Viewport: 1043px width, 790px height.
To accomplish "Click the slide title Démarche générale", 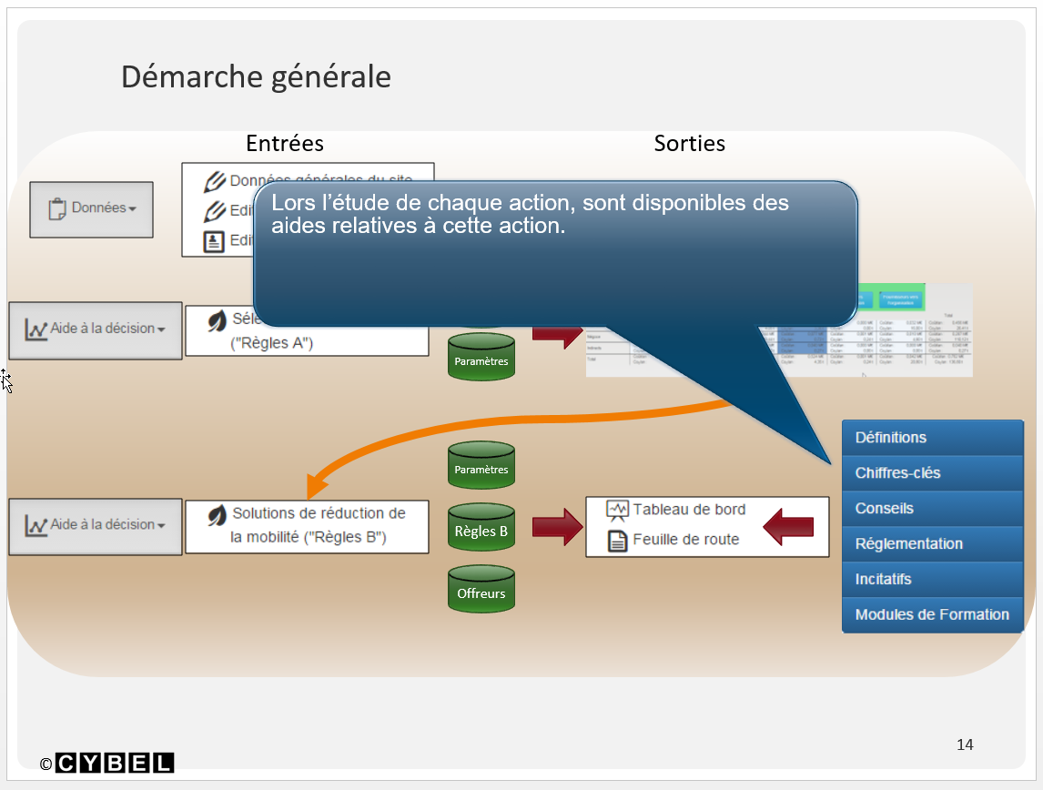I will (x=256, y=76).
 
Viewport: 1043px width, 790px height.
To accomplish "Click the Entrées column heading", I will (x=285, y=143).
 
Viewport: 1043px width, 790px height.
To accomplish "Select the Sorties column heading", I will (x=689, y=143).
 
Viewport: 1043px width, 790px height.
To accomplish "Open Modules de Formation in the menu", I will (x=932, y=615).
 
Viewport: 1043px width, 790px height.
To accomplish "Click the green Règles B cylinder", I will (x=481, y=530).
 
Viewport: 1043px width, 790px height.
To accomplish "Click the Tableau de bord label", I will (x=689, y=510).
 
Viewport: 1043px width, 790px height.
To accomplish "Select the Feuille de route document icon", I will (x=618, y=541).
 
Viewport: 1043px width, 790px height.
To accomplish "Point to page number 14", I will (x=965, y=744).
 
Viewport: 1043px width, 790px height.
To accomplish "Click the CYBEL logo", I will (x=115, y=763).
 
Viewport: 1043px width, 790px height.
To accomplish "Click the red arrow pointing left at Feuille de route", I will (x=787, y=527).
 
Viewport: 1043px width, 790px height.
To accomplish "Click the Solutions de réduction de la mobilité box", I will (x=307, y=526).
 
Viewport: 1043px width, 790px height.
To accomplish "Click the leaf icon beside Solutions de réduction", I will (x=217, y=516).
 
